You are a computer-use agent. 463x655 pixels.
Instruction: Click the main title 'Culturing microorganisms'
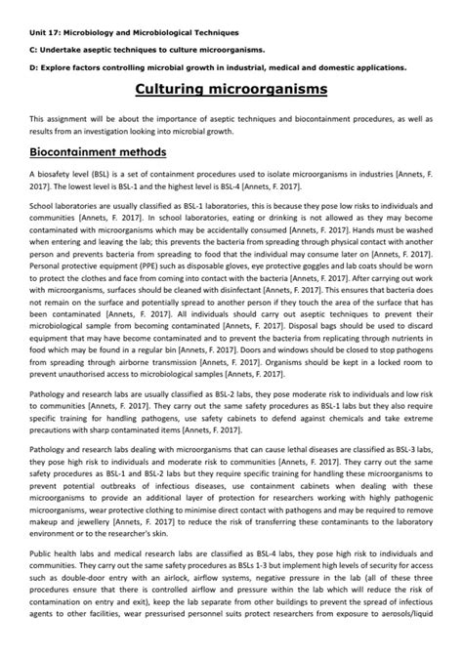(231, 91)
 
